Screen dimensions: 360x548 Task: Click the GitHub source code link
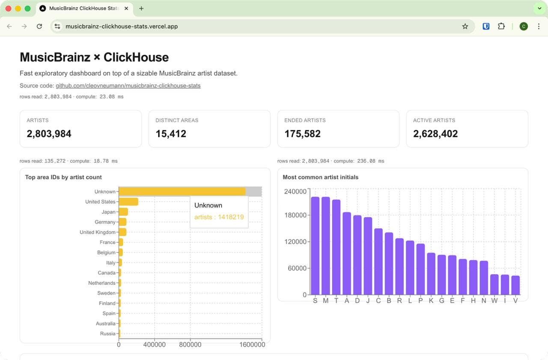point(128,86)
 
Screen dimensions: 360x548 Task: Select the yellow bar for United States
point(128,202)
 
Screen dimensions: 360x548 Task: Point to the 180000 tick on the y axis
point(295,215)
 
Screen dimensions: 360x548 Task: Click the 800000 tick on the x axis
point(190,345)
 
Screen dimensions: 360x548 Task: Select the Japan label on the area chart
point(108,212)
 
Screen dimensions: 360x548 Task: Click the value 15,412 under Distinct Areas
point(171,134)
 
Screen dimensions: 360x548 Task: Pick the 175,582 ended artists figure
point(302,134)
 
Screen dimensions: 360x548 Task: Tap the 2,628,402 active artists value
point(435,134)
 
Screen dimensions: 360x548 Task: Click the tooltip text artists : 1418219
point(219,217)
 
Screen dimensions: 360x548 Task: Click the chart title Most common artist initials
point(321,177)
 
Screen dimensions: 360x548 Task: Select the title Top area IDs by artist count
point(63,177)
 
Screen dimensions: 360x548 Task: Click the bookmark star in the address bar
point(465,27)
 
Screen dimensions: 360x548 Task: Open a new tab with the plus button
point(141,9)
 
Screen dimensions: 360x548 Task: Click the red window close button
point(8,9)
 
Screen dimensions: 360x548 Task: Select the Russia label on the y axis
point(107,333)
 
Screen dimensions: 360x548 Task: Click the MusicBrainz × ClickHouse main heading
point(94,57)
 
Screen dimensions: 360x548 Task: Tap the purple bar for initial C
point(378,262)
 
